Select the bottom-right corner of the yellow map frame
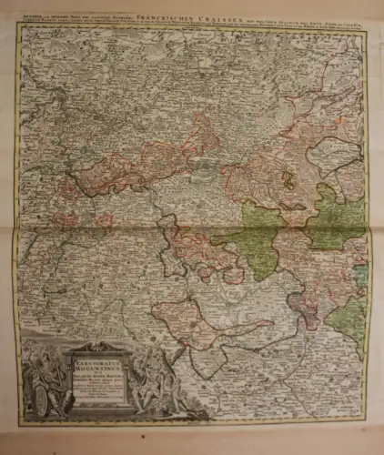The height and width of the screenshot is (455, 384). coord(368,423)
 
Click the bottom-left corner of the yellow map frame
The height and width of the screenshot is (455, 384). coord(19,423)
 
